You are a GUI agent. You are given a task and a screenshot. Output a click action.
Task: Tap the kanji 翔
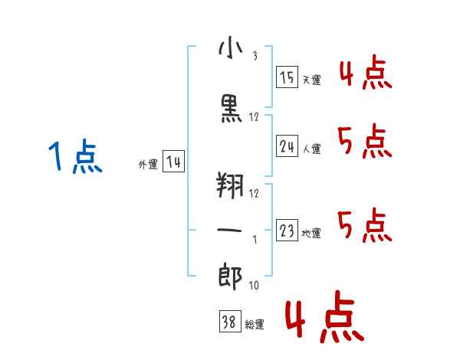pyautogui.click(x=230, y=185)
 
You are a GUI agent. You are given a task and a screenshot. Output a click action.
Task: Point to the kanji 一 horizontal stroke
pyautogui.click(x=229, y=230)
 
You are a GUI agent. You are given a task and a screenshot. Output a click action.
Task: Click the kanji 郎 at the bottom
pyautogui.click(x=230, y=277)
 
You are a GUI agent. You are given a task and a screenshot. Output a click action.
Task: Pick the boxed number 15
pyautogui.click(x=287, y=77)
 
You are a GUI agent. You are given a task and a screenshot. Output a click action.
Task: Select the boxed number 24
pyautogui.click(x=287, y=146)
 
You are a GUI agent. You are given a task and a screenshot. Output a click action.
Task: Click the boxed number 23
pyautogui.click(x=287, y=230)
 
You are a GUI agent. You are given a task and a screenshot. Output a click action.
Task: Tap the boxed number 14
pyautogui.click(x=173, y=162)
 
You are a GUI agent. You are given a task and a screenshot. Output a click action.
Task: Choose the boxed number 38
pyautogui.click(x=230, y=321)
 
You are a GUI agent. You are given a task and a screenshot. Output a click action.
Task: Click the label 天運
pyautogui.click(x=311, y=80)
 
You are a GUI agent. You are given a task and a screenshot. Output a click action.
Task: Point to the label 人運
pyautogui.click(x=311, y=149)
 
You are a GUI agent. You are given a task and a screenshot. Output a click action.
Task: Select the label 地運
pyautogui.click(x=311, y=233)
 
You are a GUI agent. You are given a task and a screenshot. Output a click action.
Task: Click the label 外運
pyautogui.click(x=148, y=164)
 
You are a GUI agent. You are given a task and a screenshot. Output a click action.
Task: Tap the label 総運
pyautogui.click(x=255, y=325)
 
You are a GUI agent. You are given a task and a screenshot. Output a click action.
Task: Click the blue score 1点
pyautogui.click(x=75, y=156)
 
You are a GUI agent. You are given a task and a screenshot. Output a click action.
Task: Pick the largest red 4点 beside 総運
pyautogui.click(x=324, y=316)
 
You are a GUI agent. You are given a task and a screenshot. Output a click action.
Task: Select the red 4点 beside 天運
pyautogui.click(x=366, y=72)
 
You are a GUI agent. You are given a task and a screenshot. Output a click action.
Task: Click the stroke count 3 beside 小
pyautogui.click(x=255, y=56)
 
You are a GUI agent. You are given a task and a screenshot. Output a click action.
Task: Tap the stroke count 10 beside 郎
pyautogui.click(x=254, y=285)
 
